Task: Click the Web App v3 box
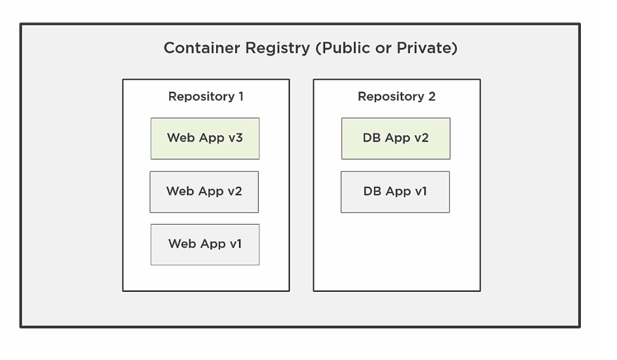point(205,138)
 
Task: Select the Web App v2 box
point(204,191)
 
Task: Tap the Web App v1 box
point(205,244)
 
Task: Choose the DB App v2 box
point(396,138)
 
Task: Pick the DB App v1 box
point(395,191)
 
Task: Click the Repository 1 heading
point(205,96)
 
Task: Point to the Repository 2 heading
point(396,96)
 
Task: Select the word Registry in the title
point(278,48)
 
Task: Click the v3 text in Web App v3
point(235,138)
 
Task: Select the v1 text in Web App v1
point(235,244)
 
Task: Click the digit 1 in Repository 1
point(240,96)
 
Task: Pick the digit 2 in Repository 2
point(432,96)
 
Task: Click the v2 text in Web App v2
point(235,191)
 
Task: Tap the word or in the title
point(382,48)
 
